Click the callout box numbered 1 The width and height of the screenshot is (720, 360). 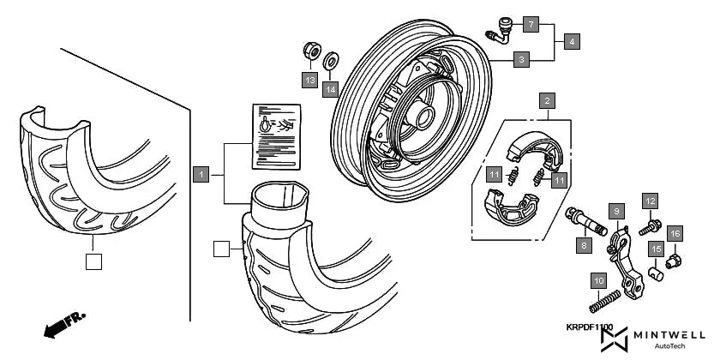click(x=200, y=175)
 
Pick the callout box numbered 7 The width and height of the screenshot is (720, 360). click(x=531, y=24)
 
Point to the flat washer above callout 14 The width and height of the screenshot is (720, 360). click(x=332, y=62)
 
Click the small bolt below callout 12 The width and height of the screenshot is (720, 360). click(x=651, y=226)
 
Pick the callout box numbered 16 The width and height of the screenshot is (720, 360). click(x=675, y=233)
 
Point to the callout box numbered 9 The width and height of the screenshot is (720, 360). click(x=614, y=210)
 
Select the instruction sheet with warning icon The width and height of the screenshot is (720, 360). click(x=274, y=136)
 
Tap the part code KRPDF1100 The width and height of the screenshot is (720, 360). click(x=589, y=327)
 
